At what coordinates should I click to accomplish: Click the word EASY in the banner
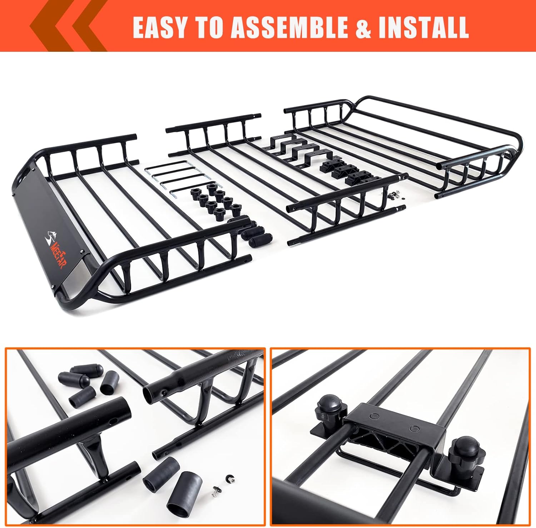click(x=160, y=27)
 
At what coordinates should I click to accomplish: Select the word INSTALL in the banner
click(x=423, y=27)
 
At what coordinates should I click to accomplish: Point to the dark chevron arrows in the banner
click(x=68, y=26)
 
